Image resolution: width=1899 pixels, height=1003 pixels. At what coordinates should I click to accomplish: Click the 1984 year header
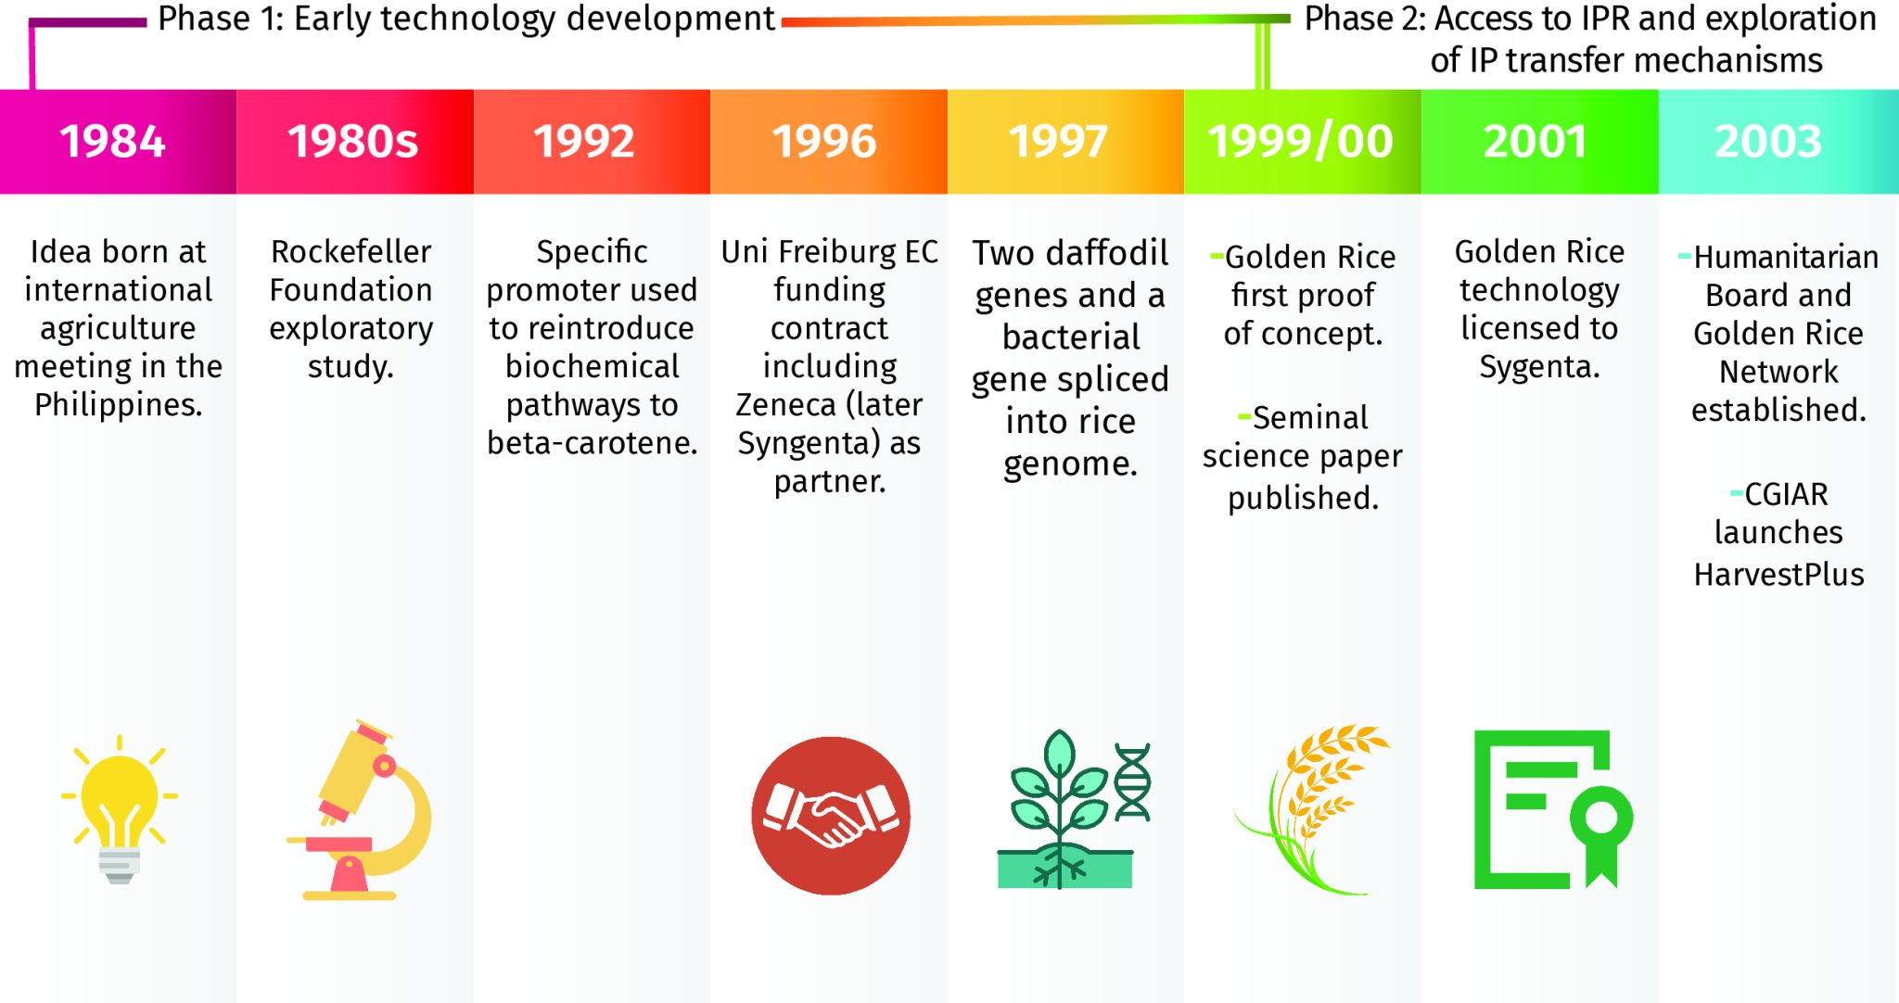112,142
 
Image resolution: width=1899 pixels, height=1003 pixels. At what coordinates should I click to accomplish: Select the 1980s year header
352,142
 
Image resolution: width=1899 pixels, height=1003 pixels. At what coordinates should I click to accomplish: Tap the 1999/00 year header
1299,142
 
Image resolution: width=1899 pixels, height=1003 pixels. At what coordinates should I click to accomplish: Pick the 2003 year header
1767,142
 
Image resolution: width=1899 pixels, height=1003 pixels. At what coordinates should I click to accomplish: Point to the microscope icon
362,811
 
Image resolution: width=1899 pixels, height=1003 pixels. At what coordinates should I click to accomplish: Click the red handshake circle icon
830,816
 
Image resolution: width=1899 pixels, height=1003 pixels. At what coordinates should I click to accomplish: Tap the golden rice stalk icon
1317,806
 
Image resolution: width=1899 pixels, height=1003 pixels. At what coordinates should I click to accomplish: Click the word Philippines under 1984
118,405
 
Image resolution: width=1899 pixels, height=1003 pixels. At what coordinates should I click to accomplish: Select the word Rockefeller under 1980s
350,252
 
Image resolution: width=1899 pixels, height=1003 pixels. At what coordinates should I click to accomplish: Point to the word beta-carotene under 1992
592,443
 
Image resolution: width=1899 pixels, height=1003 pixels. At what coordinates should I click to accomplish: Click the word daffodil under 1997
1115,253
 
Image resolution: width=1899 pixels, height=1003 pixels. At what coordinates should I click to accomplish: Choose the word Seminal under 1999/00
1309,418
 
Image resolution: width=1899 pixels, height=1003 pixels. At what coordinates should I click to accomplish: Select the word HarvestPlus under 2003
1778,575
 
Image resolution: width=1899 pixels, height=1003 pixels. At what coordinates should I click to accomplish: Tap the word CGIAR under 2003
1786,495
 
